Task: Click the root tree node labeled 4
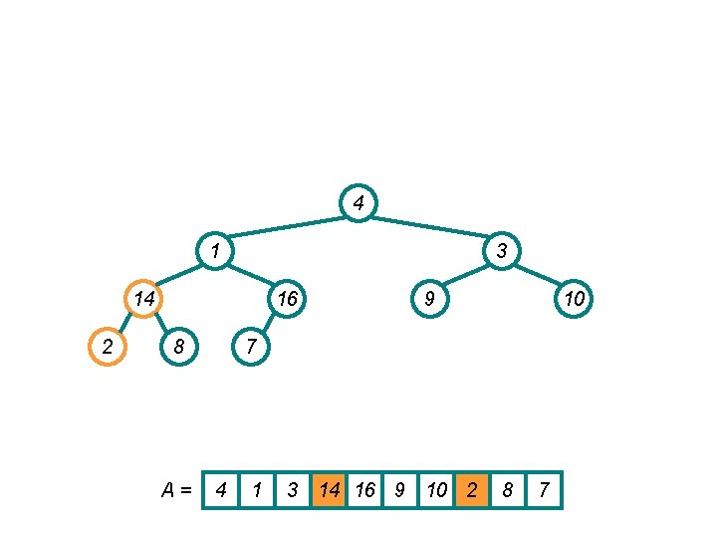(358, 203)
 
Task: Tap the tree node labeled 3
(502, 251)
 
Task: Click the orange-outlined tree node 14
(143, 298)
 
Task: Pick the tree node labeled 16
(287, 298)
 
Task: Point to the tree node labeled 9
(429, 298)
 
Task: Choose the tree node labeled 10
(574, 298)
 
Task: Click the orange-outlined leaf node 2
(108, 347)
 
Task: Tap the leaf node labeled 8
(179, 347)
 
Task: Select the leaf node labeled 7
(251, 347)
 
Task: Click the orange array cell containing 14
(329, 490)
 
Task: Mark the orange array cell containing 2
(472, 490)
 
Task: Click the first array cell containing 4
(221, 490)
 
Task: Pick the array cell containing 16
(364, 490)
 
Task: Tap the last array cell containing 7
(544, 490)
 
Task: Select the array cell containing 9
(400, 490)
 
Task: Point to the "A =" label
(178, 490)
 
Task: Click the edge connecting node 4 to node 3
(430, 227)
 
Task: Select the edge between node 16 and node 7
(268, 323)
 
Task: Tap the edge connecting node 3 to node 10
(538, 275)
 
